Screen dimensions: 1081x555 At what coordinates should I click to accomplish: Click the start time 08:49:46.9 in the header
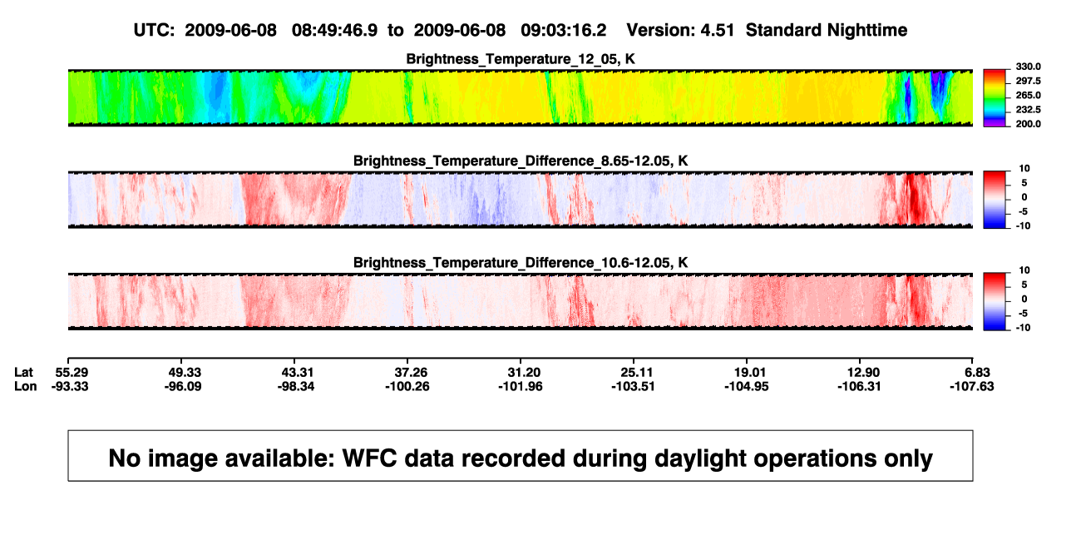pos(334,30)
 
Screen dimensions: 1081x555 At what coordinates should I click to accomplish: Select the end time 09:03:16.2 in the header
pos(563,30)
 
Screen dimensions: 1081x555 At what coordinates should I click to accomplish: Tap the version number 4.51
pos(717,30)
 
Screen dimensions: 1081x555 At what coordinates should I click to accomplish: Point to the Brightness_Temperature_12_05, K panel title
pos(521,59)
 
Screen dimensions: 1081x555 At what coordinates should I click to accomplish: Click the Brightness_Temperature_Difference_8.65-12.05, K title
pos(521,161)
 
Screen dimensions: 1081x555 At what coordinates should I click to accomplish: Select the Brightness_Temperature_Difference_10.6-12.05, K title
pos(521,263)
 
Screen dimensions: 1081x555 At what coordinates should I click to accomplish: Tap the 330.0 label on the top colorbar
pos(1028,67)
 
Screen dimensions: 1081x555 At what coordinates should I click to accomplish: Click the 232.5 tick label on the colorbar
pos(1028,110)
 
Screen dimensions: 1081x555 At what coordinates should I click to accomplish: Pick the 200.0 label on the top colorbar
pos(1028,124)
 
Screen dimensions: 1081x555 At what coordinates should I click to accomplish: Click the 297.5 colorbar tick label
pos(1028,82)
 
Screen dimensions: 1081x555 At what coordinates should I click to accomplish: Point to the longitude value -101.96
pos(521,386)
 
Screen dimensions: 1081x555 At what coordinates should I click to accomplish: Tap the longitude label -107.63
pos(972,386)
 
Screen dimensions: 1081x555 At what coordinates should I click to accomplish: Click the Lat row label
pos(23,373)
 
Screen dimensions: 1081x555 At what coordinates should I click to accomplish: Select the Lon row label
pos(26,386)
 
